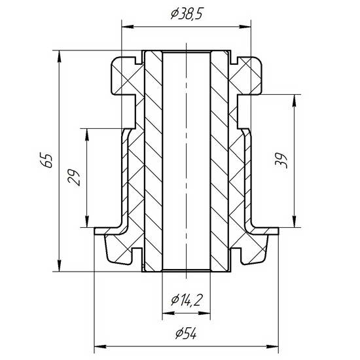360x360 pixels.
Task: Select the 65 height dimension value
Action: click(x=48, y=160)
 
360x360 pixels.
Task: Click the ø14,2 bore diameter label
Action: click(x=187, y=300)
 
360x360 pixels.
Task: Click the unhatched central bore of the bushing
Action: click(x=186, y=160)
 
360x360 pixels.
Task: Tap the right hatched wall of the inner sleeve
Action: click(x=219, y=160)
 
